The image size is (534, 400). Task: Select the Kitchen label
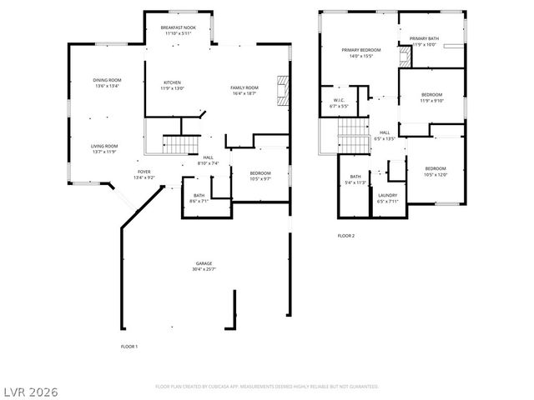point(173,82)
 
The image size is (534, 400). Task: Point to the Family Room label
point(244,87)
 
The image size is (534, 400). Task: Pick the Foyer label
point(144,172)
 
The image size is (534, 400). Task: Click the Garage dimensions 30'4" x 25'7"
point(204,269)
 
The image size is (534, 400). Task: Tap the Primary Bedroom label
point(361,50)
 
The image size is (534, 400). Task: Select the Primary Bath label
point(425,38)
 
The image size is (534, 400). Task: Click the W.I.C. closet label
point(339,100)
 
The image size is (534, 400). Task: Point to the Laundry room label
point(387,196)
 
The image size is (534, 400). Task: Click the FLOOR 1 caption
point(129,345)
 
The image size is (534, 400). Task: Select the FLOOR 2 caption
point(346,236)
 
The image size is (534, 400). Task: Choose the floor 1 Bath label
point(199,195)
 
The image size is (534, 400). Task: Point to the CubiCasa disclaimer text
point(267,387)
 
